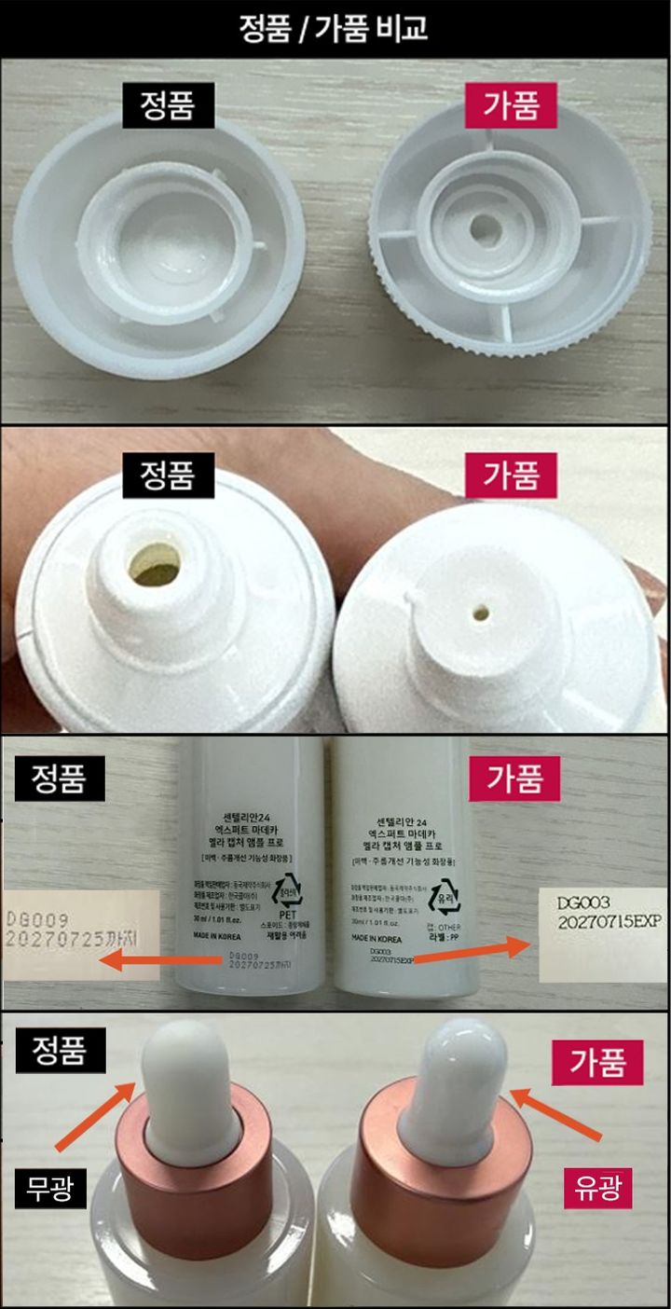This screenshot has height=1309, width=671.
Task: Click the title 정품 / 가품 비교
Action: tap(335, 28)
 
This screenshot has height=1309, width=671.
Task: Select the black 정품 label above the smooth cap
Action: tap(167, 106)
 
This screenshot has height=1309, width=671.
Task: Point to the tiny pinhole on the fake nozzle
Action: tap(480, 613)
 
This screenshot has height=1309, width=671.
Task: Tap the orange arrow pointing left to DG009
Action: tap(158, 959)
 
